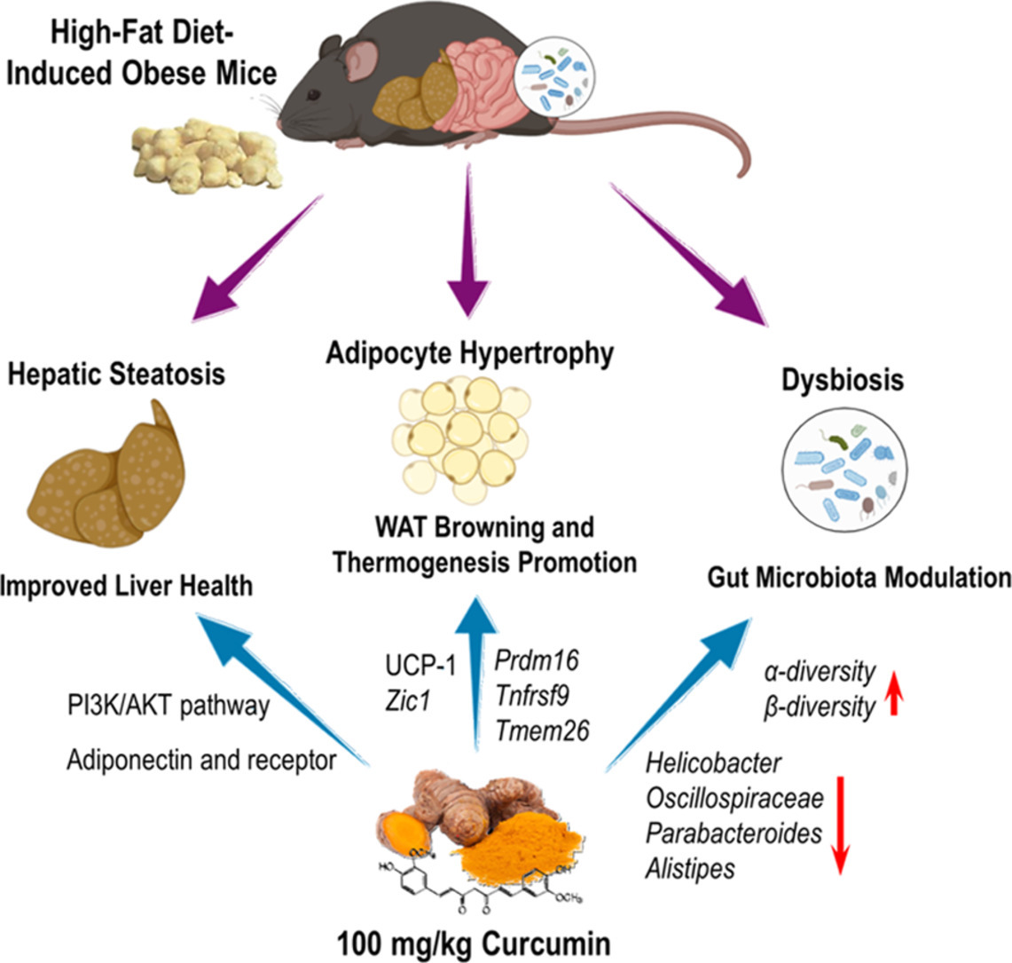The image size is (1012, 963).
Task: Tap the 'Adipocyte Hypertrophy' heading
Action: point(468,354)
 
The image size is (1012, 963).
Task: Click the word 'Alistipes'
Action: point(690,868)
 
